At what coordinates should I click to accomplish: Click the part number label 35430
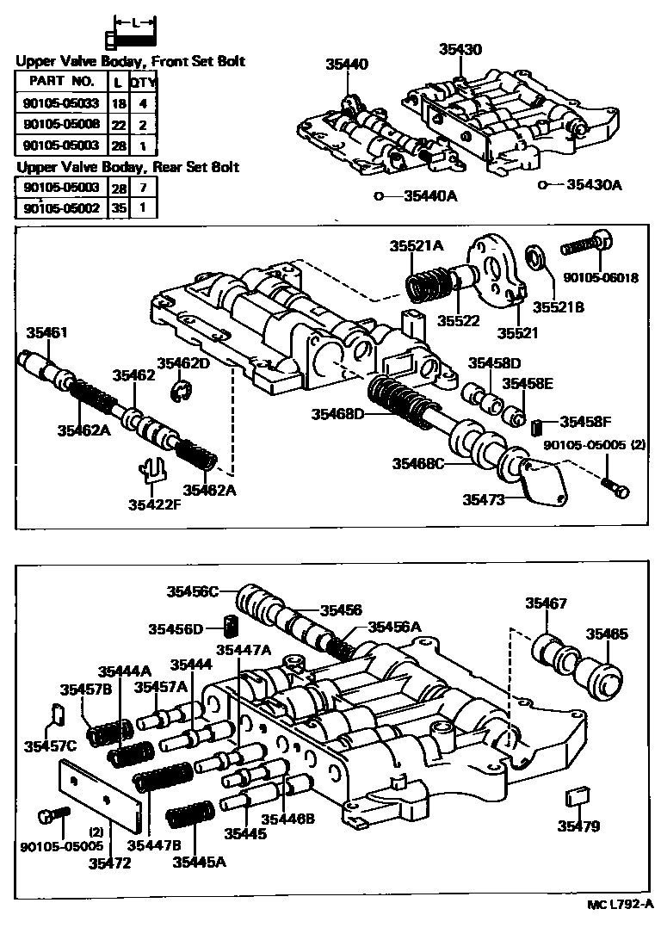pos(460,51)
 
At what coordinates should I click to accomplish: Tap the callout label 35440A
pos(427,196)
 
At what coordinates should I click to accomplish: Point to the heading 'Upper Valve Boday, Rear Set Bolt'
pos(127,166)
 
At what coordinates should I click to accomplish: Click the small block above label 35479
pos(576,797)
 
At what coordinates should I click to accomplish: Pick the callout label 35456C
pos(194,591)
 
